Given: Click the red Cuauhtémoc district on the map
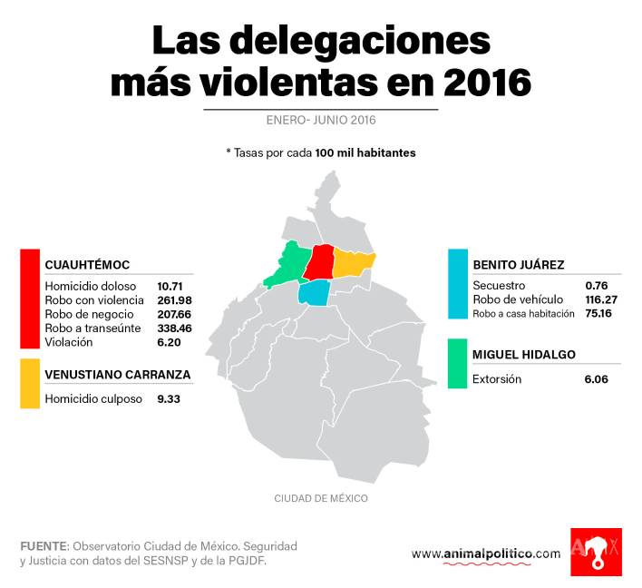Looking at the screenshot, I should (x=320, y=262).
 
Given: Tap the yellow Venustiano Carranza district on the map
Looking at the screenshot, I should (x=353, y=262).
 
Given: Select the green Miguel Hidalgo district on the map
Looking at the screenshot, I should (x=289, y=265).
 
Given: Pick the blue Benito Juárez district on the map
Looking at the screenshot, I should (x=314, y=293).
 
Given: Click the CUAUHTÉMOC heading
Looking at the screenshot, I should (x=87, y=265).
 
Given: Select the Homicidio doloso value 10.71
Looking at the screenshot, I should (x=170, y=286).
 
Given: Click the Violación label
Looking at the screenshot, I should (x=69, y=342).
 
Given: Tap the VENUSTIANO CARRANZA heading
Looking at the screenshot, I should (x=117, y=374).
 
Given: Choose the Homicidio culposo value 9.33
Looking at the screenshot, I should (x=168, y=397).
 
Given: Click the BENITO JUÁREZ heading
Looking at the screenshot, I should (x=519, y=265).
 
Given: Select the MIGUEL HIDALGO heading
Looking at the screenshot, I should (x=524, y=355).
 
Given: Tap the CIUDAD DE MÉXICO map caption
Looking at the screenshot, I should (x=320, y=498).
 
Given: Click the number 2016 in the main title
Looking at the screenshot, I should (x=488, y=83).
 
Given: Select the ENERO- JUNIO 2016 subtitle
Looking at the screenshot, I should (x=320, y=121).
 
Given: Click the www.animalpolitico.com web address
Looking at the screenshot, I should (x=485, y=554).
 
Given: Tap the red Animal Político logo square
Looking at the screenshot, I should (x=596, y=552).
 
